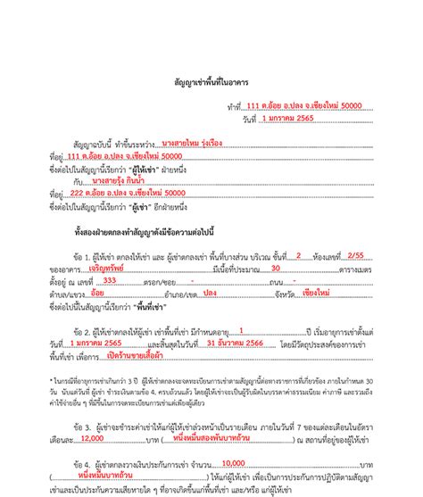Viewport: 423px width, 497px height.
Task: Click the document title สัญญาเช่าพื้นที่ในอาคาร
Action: pyautogui.click(x=211, y=81)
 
